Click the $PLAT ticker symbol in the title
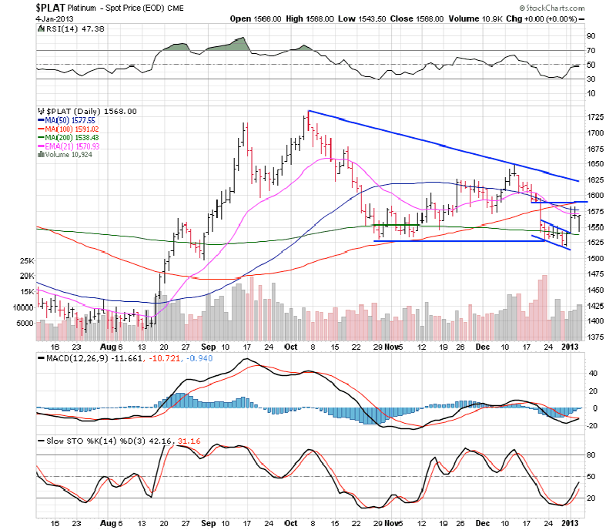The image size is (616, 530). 51,6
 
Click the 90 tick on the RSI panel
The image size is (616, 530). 591,35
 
